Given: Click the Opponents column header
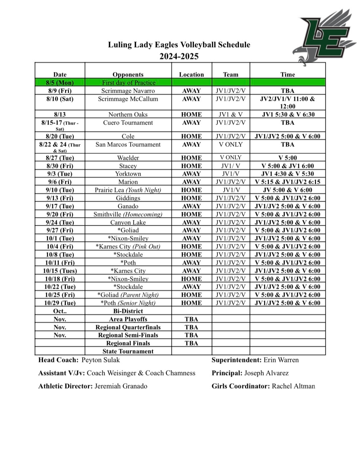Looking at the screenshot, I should [128, 74].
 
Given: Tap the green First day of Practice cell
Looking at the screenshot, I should [129, 83].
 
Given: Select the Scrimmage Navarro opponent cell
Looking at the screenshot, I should [128, 91].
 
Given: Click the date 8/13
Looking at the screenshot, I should [60, 115].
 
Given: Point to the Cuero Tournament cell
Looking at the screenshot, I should [128, 123].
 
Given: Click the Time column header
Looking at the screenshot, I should [287, 74].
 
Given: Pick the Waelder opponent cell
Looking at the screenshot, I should [128, 158].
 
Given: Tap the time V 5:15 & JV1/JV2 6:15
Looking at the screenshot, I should [287, 182].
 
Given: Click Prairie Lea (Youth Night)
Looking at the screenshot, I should [128, 190].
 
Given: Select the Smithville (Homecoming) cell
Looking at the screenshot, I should [128, 214].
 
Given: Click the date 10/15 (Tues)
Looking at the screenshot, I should [60, 271].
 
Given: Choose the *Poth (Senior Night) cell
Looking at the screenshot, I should [128, 303].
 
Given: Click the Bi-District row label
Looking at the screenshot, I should [128, 311].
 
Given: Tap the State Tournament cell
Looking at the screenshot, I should [128, 351].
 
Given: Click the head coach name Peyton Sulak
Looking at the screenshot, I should [100, 360].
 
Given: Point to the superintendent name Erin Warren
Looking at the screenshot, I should [281, 360].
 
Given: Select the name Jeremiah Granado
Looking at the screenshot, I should [120, 386].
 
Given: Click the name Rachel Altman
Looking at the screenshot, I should [293, 386].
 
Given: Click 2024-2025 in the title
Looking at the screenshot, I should [179, 56].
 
